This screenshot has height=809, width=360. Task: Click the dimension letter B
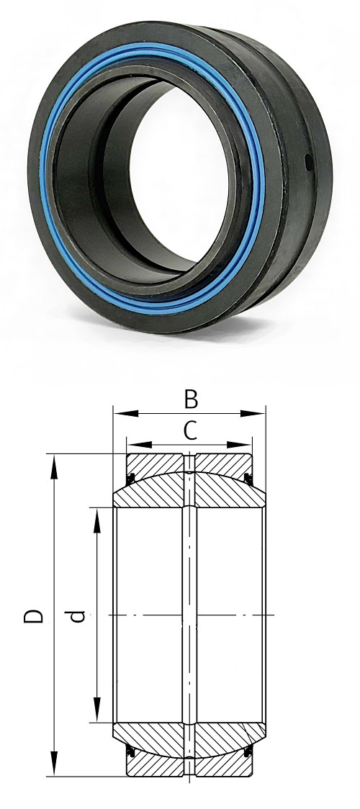191,399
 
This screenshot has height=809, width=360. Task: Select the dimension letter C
189,430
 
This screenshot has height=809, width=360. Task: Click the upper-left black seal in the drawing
131,477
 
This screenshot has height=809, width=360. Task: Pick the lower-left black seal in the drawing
131,752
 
